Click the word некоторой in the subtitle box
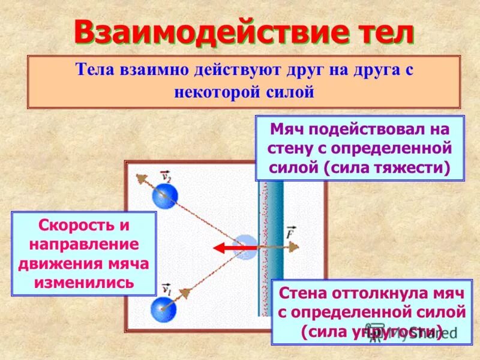click(x=222, y=92)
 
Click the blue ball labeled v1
click(x=163, y=310)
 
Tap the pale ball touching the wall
click(x=245, y=246)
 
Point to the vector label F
click(x=291, y=232)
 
